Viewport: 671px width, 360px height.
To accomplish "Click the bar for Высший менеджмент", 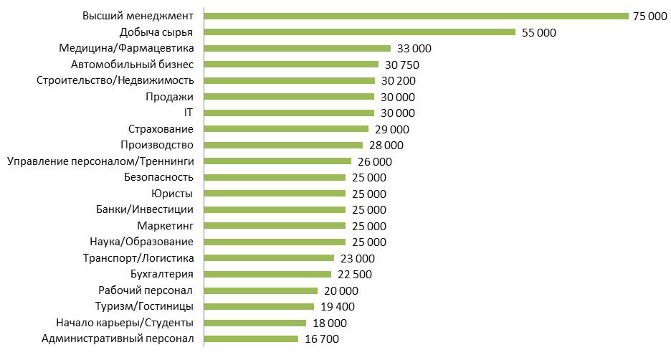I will (416, 16).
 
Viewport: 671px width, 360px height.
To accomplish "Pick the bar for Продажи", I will (289, 96).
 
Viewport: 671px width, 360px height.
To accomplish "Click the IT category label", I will (189, 113).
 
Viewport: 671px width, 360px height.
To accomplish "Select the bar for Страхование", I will (286, 129).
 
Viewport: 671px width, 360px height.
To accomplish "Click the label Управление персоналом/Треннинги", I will (100, 161).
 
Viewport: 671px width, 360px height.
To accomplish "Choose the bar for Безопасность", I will (275, 177).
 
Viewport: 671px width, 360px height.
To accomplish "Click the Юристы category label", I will (173, 194).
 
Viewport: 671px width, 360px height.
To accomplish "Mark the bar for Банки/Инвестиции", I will (275, 209).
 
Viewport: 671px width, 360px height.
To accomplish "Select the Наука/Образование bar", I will (275, 242).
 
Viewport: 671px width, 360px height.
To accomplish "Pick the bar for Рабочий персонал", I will (261, 290).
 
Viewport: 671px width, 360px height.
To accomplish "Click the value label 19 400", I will (338, 306).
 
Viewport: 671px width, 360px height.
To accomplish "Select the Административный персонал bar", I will (252, 338).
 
